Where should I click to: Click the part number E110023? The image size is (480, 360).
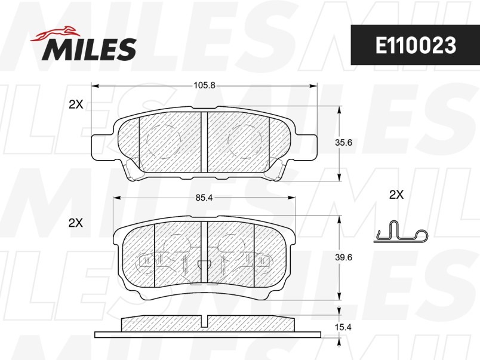click(x=416, y=45)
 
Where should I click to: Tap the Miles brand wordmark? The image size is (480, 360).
click(x=89, y=50)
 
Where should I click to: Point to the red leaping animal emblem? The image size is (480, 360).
click(x=55, y=33)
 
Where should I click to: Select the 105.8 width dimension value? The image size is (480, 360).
click(x=205, y=85)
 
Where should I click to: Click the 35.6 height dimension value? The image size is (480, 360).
click(x=343, y=143)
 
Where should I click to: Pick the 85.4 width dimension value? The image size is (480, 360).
click(x=204, y=198)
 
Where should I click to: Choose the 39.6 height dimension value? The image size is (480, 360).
click(x=343, y=257)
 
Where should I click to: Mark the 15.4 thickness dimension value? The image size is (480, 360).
click(x=343, y=328)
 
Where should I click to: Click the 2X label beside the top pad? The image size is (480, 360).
click(x=76, y=104)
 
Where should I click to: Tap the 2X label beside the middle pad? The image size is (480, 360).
click(x=76, y=223)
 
